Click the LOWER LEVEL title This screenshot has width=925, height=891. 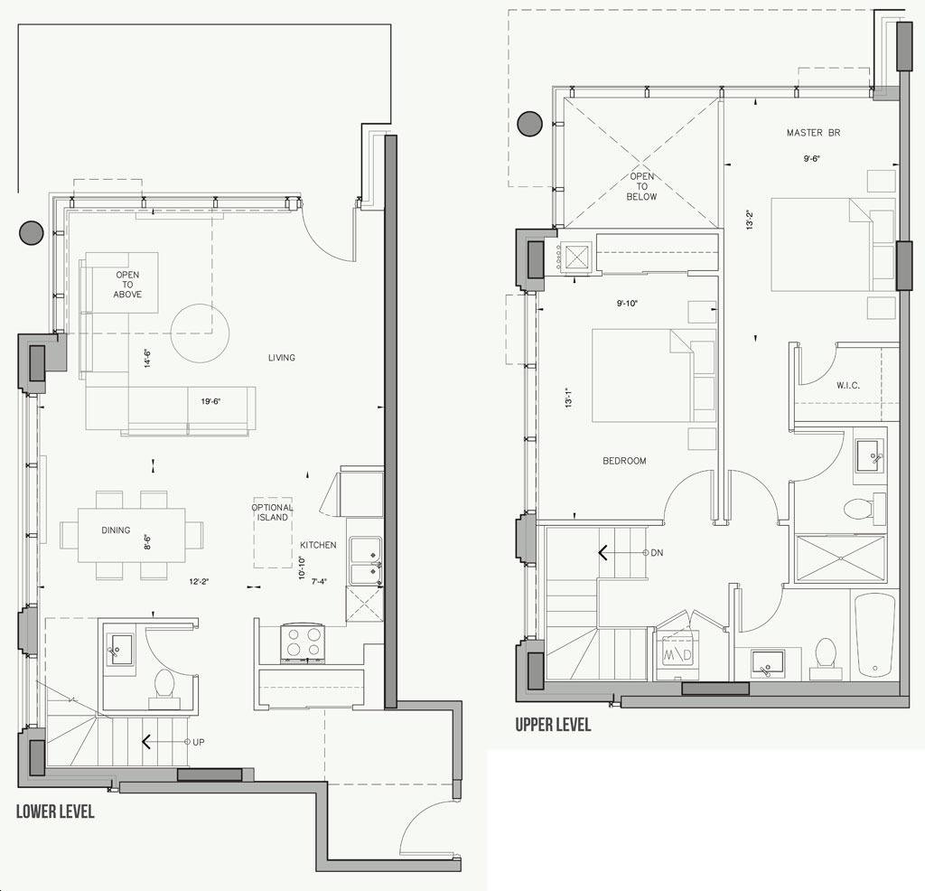pos(55,811)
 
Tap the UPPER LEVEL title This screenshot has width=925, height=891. pos(553,724)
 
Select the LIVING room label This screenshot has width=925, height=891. pos(282,358)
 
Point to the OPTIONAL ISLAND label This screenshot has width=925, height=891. pos(272,512)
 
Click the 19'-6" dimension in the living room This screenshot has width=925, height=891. pos(210,402)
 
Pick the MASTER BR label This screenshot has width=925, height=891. pos(813,133)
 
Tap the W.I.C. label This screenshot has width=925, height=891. pos(847,385)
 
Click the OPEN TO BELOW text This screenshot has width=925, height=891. pos(642,186)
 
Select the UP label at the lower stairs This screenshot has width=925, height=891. pos(199,742)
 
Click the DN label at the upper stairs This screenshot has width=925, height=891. pos(657,553)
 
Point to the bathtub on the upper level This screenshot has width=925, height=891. pos(874,635)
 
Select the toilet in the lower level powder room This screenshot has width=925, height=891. pos(164,688)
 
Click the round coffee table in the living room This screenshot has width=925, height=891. pos(200,333)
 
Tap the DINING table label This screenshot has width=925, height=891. pos(116,530)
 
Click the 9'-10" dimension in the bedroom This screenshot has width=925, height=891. pos(628,304)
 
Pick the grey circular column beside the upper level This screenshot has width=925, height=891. pos(529,124)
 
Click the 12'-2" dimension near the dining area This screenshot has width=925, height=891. pos(200,582)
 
